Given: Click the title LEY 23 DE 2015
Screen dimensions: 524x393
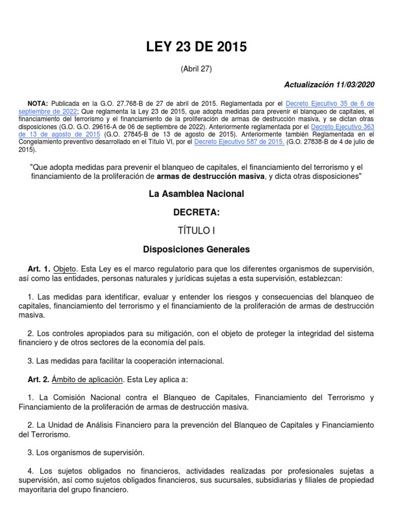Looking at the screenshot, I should (x=196, y=48).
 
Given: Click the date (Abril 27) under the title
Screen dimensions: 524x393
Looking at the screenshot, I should (x=196, y=69).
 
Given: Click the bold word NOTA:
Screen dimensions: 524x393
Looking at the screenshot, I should (x=39, y=103).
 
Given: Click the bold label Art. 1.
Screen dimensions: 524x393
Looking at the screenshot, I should (x=39, y=269).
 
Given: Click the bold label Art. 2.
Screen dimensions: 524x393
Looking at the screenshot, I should (x=39, y=379).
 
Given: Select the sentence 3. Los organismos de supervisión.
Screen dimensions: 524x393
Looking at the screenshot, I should (x=86, y=452).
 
